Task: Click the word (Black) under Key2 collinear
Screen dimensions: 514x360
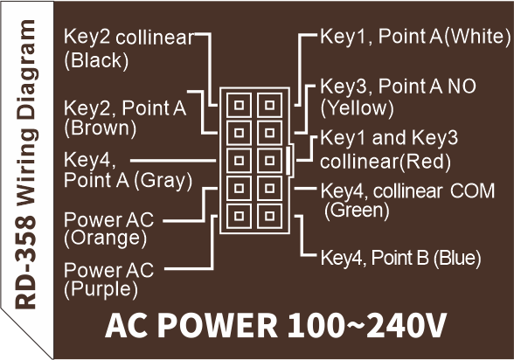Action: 96,60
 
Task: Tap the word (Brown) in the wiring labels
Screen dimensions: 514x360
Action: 100,128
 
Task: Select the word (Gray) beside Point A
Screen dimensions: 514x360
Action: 163,181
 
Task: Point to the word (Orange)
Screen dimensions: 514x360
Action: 105,238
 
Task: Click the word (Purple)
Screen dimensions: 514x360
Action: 101,289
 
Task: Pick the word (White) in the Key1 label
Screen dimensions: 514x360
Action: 477,36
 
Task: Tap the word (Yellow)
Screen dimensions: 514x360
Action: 357,108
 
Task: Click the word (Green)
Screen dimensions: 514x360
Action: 357,210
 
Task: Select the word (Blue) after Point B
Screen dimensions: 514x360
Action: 457,258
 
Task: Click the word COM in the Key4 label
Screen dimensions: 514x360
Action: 472,191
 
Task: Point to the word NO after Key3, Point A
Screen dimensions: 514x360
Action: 462,87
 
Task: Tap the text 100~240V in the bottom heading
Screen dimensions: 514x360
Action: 367,325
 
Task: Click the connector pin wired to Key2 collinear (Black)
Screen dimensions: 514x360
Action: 239,105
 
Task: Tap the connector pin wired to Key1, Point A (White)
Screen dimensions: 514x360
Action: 270,105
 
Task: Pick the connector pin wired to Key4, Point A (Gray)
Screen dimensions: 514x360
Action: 239,161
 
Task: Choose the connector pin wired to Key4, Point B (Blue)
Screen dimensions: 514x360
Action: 270,216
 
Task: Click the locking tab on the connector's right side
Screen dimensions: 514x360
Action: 288,161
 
